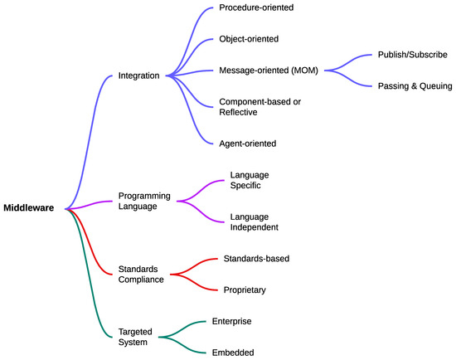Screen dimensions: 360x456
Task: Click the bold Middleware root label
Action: tap(29, 208)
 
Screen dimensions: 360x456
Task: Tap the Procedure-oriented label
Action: tap(255, 7)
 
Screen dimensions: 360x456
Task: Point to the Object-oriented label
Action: tap(248, 38)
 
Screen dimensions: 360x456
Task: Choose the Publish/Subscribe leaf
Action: tap(412, 54)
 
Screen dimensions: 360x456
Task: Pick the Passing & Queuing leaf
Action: tap(414, 85)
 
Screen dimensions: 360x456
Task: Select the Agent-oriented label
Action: tap(247, 143)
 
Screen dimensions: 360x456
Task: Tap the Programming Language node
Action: tap(144, 202)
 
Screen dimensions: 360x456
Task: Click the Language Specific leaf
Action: tap(250, 181)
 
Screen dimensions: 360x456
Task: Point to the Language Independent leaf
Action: tap(254, 222)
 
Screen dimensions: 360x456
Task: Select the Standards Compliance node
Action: tap(140, 275)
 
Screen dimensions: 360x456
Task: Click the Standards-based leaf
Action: tap(256, 259)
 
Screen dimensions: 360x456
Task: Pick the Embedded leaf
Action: tap(233, 352)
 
